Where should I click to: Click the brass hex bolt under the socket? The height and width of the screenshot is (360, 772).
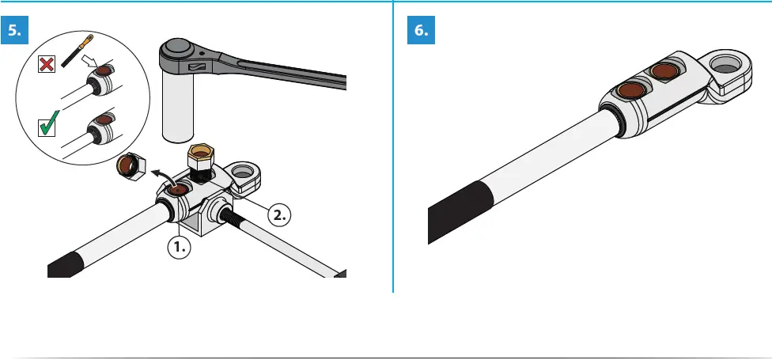coord(199,161)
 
